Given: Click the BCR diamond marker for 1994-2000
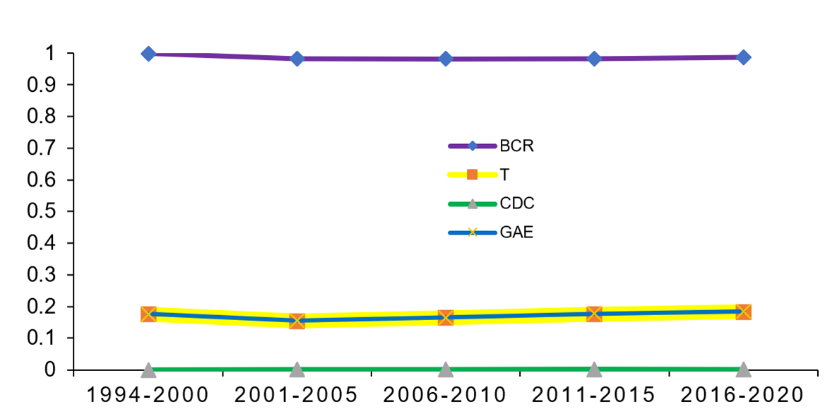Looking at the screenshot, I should (148, 54).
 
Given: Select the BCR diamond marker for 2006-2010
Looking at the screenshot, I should (446, 59).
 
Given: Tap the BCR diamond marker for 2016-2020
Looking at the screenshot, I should (743, 57).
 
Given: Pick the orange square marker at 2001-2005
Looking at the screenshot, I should (297, 321).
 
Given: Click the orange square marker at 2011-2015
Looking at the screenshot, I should (595, 314).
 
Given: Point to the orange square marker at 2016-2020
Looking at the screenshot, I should (743, 312).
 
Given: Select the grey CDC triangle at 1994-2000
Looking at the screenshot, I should (148, 370).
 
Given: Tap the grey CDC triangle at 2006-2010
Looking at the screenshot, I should (446, 370).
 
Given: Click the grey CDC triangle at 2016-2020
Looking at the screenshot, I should (743, 370).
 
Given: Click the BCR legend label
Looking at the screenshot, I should (517, 147).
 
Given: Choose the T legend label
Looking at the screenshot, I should (504, 175).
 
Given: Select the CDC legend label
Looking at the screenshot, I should (517, 204).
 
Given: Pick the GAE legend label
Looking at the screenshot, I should (516, 232).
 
